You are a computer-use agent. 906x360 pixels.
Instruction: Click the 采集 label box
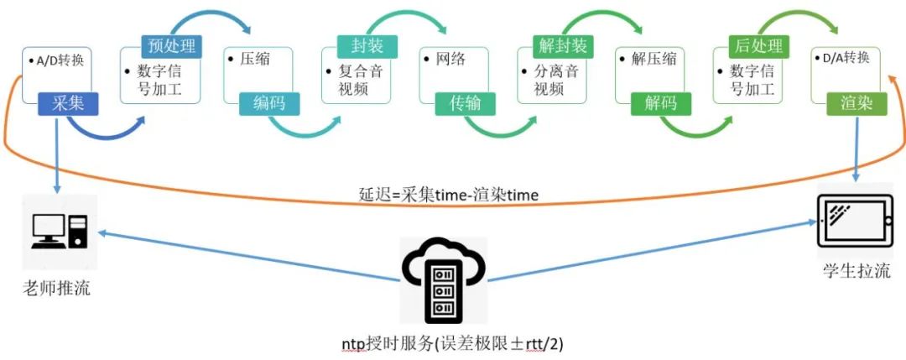point(68,103)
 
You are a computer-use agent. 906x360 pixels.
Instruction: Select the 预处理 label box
point(172,47)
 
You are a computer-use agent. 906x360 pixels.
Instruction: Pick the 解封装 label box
point(562,47)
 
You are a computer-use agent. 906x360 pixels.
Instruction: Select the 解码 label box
point(661,103)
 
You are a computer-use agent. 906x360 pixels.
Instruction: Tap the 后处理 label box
point(758,47)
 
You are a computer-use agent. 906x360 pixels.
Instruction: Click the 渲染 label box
point(857,103)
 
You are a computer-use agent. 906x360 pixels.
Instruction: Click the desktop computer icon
point(59,230)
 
